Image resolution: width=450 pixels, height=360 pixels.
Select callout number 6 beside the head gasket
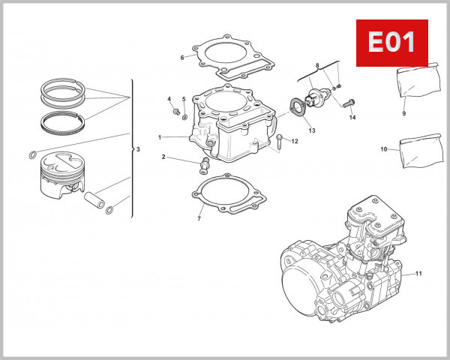182,57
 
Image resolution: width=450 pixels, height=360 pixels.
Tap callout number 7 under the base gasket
199,219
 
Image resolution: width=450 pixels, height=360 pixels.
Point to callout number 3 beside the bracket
138,150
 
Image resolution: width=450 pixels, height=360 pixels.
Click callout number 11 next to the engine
420,273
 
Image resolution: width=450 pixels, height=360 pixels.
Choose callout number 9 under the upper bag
403,113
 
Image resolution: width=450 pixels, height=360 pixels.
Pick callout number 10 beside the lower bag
382,149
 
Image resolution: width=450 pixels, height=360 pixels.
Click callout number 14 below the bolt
352,118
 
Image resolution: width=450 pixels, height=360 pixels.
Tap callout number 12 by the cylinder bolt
295,141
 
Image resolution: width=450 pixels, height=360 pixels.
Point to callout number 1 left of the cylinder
160,137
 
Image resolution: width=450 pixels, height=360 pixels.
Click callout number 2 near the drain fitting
163,157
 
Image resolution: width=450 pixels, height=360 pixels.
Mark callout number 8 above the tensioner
317,67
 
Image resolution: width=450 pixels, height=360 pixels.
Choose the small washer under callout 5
186,118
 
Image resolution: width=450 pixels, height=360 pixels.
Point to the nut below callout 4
176,113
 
